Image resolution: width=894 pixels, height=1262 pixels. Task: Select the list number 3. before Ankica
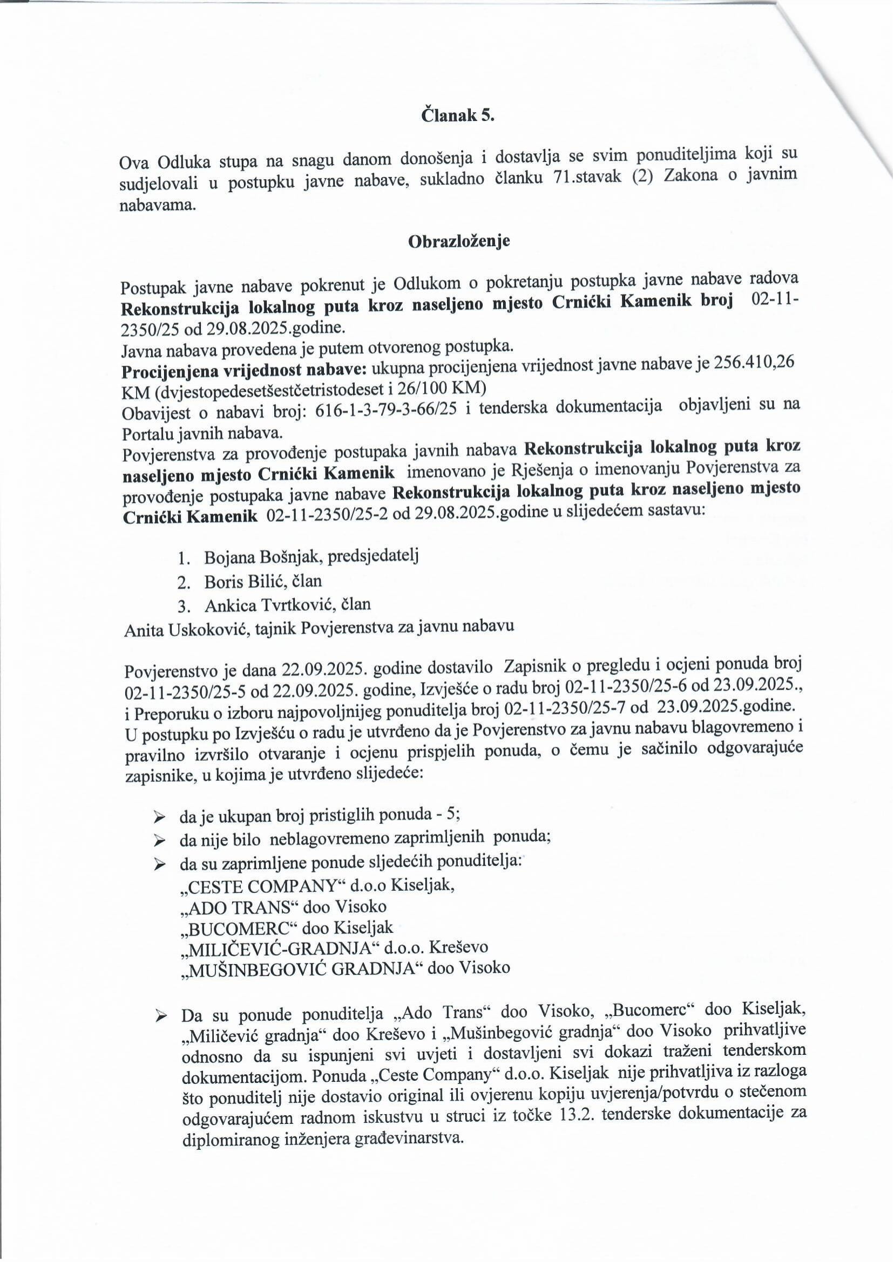[183, 606]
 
